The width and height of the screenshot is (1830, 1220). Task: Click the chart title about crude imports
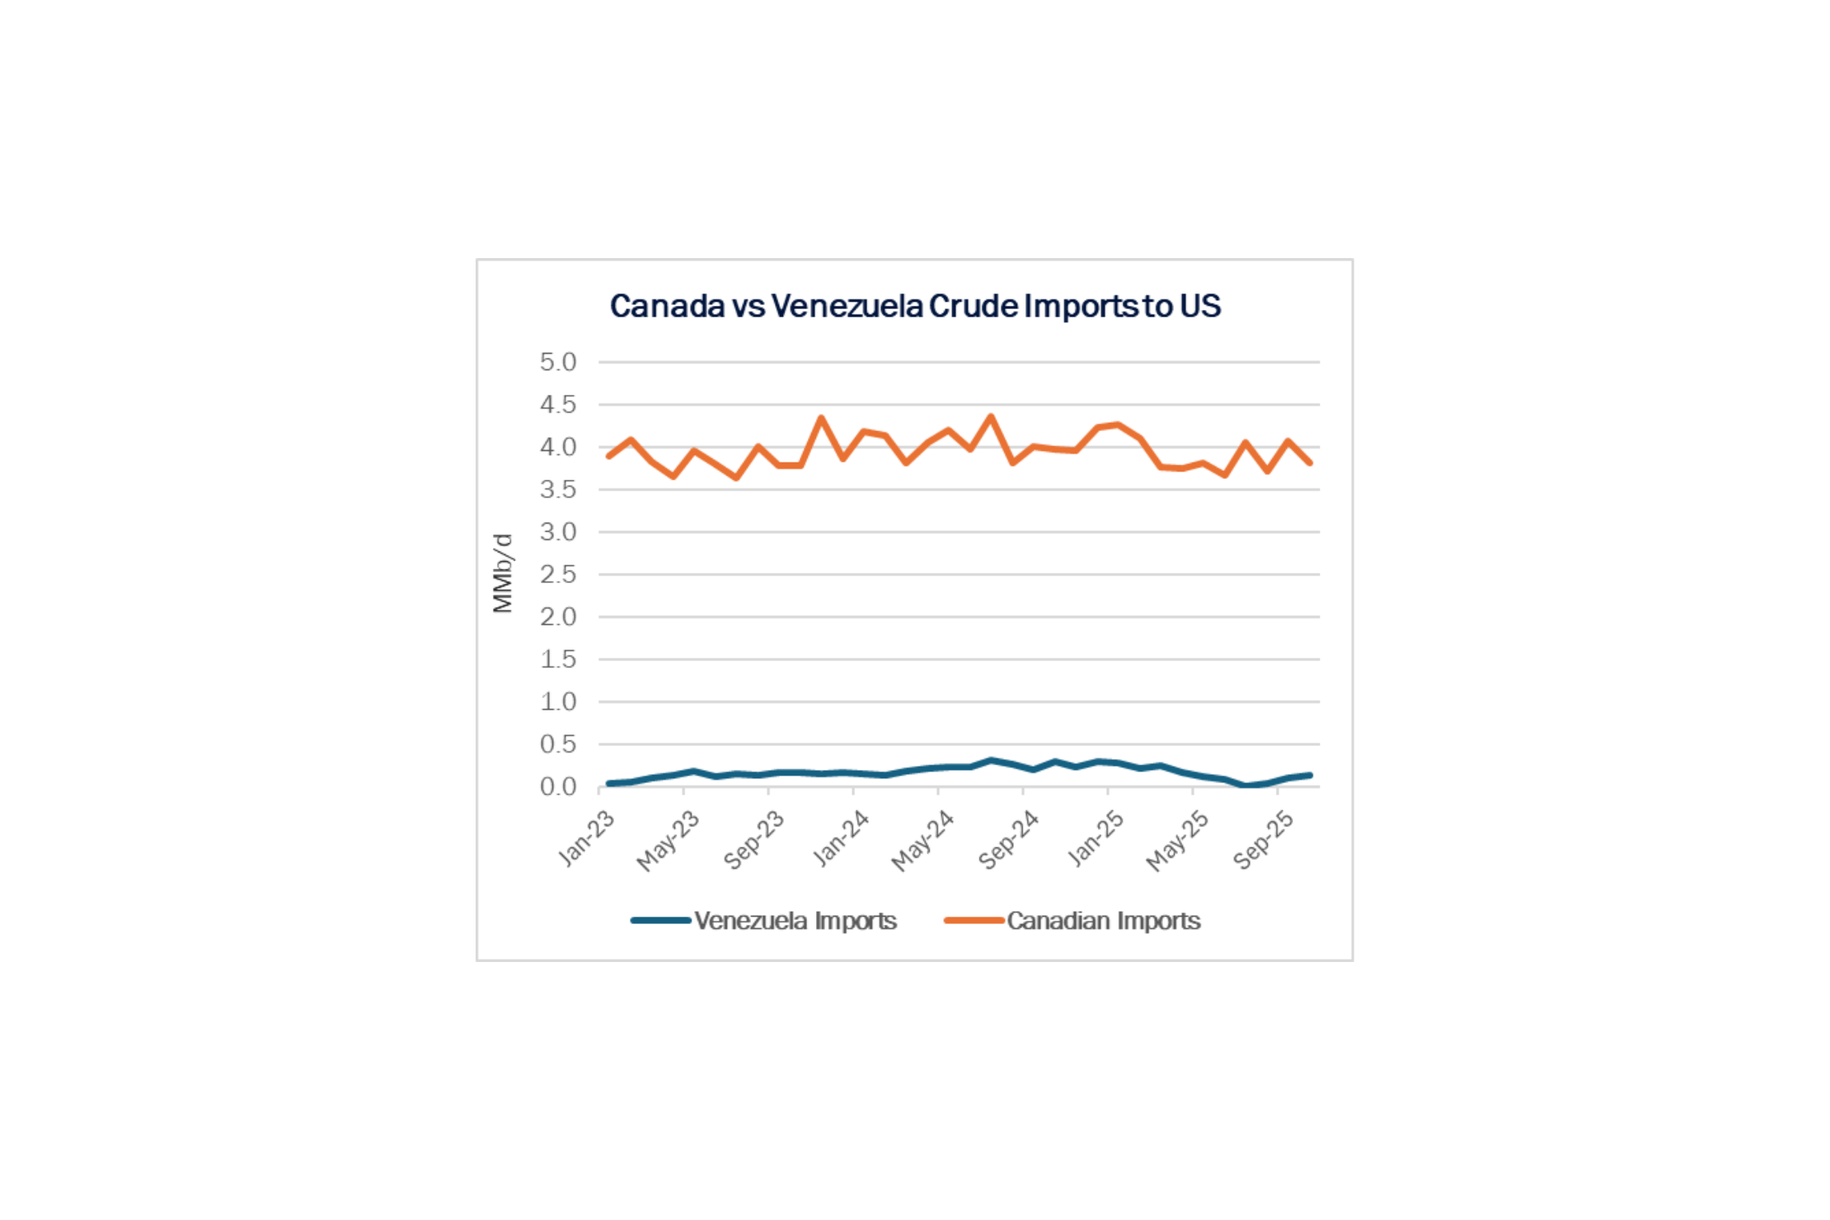[x=915, y=306]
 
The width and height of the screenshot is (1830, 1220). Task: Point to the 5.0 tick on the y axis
[x=558, y=362]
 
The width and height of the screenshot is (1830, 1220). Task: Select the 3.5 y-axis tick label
[x=558, y=490]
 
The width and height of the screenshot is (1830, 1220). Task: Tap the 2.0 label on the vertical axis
[x=558, y=617]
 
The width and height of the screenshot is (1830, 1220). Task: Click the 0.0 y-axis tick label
[x=558, y=787]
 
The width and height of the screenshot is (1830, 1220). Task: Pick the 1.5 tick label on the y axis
[x=558, y=659]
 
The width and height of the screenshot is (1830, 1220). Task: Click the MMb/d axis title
[x=503, y=574]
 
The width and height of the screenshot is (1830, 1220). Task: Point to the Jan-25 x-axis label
[x=1096, y=838]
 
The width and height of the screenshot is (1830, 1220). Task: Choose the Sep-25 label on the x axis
[x=1264, y=839]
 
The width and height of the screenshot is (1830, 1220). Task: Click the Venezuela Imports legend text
[x=795, y=921]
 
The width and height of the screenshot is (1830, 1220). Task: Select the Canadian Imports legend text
[x=1104, y=921]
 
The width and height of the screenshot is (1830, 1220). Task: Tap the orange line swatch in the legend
[x=974, y=920]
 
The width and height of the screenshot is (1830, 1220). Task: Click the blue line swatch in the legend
[x=661, y=920]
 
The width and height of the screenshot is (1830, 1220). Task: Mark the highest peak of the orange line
[x=991, y=416]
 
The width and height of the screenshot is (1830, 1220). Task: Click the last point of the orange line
[x=1310, y=463]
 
